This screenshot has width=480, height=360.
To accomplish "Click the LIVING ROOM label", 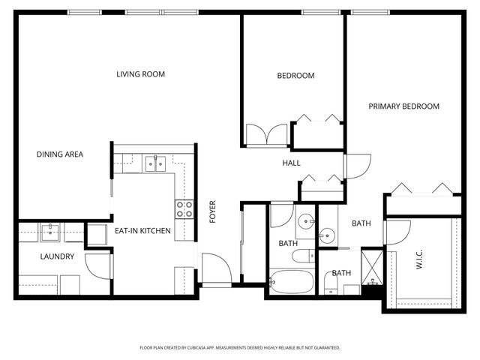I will click(140, 74).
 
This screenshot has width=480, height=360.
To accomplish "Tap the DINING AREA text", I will click(60, 154).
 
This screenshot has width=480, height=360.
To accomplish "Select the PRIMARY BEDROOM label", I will click(403, 106).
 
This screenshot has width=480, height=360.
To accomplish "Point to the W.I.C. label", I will click(420, 264).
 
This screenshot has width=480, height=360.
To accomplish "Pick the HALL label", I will click(291, 163).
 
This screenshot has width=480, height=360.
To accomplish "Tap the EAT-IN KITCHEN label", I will click(142, 231).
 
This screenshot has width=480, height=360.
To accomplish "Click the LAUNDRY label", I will click(57, 256).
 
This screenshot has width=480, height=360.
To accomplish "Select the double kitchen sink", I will click(155, 163).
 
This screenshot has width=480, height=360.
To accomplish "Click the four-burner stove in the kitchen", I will click(184, 209).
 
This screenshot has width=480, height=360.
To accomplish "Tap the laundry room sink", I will click(51, 232).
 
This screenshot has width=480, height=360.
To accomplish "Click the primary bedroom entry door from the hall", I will click(357, 166).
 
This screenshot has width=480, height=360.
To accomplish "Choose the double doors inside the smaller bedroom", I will click(267, 135).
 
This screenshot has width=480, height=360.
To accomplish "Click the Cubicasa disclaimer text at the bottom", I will click(240, 348).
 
